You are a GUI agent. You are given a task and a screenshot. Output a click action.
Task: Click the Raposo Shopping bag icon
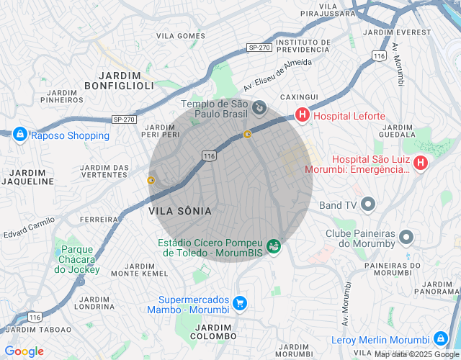point(19,134)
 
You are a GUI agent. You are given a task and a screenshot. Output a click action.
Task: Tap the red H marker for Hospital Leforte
point(303,115)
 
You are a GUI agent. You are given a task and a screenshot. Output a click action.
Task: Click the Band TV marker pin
point(368,205)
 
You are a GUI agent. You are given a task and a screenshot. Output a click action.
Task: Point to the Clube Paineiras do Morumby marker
point(406,238)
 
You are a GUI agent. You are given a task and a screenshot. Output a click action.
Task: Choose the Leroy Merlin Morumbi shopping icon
point(440,338)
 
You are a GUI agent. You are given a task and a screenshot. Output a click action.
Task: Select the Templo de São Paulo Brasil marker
point(259,109)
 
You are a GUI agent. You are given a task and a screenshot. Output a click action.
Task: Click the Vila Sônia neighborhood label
point(180,211)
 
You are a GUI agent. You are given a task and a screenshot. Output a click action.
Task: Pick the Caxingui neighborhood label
point(299,96)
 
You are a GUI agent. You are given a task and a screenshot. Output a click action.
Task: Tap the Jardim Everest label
point(398,32)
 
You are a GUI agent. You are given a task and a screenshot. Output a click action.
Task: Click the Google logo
point(24,351)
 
